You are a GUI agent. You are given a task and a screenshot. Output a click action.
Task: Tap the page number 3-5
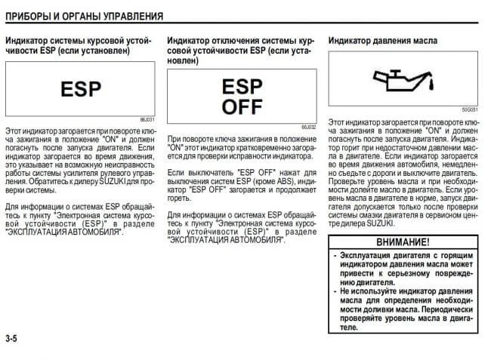pyautogui.click(x=11, y=338)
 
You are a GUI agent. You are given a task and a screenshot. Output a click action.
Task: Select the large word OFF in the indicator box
pyautogui.click(x=241, y=106)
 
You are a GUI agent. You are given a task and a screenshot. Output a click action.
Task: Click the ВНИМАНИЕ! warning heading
pyautogui.click(x=403, y=242)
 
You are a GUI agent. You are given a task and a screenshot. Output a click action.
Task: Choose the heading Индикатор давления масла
pyautogui.click(x=384, y=39)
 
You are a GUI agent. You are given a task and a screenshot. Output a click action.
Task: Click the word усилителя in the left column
pyautogui.click(x=89, y=173)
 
